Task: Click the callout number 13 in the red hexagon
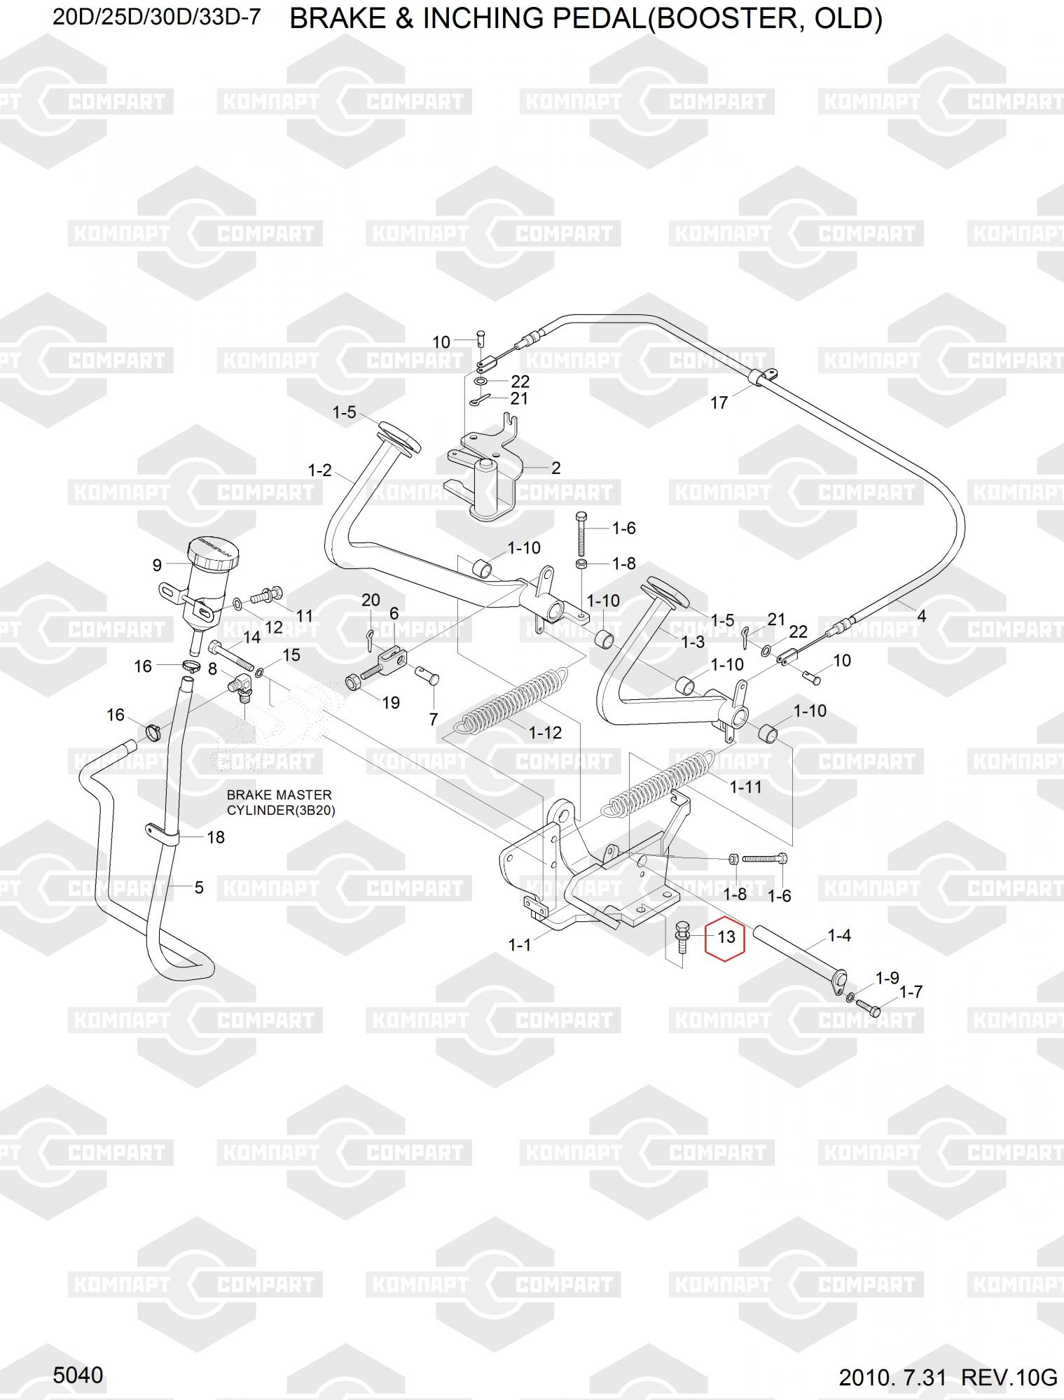726,937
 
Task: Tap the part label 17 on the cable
719,402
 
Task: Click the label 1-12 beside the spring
545,733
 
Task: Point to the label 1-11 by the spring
745,787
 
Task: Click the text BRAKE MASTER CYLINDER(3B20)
279,803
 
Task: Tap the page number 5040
78,1375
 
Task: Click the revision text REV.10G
1009,1378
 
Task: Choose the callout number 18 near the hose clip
216,837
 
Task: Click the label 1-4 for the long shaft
839,935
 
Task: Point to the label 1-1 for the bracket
520,945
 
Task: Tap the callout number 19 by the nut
390,702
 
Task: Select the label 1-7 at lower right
911,991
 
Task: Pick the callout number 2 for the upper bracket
555,468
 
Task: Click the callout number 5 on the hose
199,888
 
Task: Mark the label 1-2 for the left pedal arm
320,470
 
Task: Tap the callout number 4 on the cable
921,616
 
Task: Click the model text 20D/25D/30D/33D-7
157,17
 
